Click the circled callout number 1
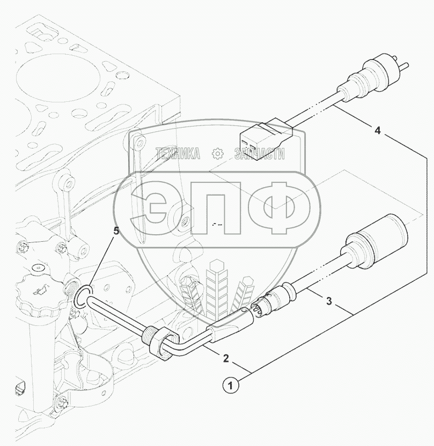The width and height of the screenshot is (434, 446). click(231, 386)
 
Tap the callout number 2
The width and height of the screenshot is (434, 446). click(226, 358)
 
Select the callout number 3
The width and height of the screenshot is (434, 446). click(329, 301)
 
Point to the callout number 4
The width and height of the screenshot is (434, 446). click(377, 131)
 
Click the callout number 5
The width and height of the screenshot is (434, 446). click(116, 231)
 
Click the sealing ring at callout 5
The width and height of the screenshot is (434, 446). click(83, 296)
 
